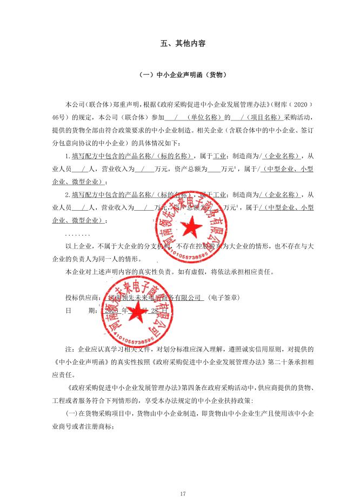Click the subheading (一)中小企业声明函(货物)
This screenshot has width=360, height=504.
coord(179,75)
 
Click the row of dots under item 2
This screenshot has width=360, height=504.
coord(75,234)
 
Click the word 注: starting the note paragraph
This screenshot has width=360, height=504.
coord(69,350)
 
